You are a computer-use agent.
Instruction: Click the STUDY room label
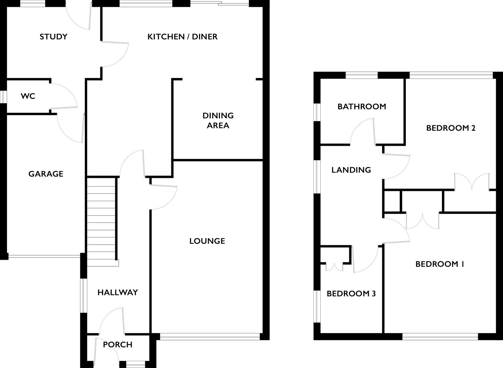(53, 37)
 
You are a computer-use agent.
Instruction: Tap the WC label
(28, 96)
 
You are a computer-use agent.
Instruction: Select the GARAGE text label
(46, 174)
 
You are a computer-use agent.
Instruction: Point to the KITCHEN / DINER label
(182, 37)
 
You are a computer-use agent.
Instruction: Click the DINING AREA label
(218, 121)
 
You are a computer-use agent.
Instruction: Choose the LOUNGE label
(207, 241)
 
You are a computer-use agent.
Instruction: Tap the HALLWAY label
(118, 292)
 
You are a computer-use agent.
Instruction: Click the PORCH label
(118, 344)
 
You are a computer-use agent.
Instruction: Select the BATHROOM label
(362, 106)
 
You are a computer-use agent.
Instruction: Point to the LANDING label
(351, 170)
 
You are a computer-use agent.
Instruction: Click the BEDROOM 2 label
(451, 128)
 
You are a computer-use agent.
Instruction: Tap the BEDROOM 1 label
(440, 264)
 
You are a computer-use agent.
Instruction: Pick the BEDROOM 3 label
(351, 293)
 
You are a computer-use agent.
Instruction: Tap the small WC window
(3, 97)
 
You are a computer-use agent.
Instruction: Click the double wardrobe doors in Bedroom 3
(334, 267)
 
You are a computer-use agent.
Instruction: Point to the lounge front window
(210, 337)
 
